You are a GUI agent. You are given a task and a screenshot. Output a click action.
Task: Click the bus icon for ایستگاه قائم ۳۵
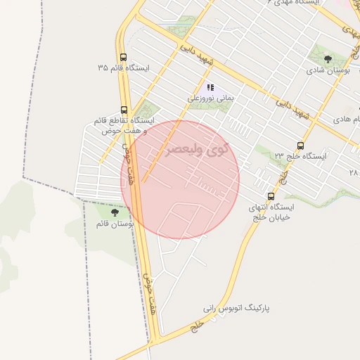[124, 58]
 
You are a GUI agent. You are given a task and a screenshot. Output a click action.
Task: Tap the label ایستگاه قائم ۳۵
[124, 68]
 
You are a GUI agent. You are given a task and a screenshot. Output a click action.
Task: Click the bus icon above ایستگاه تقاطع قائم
[124, 110]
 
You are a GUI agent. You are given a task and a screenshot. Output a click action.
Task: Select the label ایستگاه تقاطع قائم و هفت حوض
[121, 126]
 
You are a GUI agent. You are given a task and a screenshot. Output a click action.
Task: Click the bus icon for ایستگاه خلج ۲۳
[301, 146]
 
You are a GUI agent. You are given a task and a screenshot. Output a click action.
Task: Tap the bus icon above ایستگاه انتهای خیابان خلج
[271, 196]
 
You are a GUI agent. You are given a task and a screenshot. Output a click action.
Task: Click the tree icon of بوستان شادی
[328, 59]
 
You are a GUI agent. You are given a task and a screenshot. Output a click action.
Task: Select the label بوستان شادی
[325, 70]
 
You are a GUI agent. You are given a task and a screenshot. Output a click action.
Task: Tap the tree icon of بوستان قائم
[115, 211]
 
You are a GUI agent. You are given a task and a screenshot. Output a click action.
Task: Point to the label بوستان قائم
[115, 223]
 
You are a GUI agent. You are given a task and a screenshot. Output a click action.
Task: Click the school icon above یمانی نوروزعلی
[210, 88]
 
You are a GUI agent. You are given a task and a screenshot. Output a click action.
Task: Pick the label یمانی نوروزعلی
[211, 99]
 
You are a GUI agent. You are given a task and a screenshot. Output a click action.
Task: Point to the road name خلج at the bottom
[199, 325]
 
